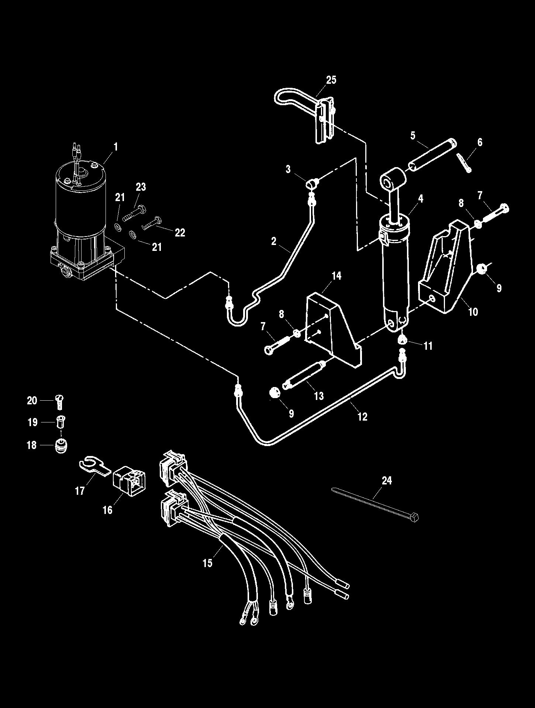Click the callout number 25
331,80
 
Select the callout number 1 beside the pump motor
115,147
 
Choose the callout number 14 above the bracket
336,276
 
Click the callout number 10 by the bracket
473,312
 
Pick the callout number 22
180,232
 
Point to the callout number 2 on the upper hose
273,241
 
